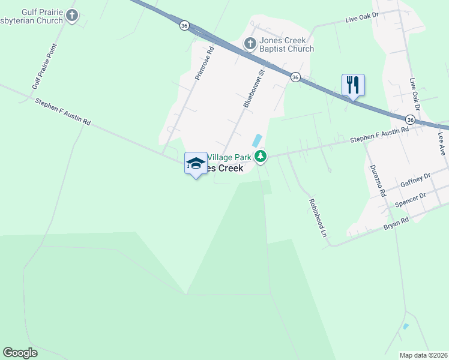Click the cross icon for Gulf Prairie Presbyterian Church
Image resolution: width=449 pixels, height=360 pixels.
point(72,16)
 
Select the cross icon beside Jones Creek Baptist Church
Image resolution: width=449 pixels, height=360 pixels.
point(250,43)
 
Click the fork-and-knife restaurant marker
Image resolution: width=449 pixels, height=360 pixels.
point(353,85)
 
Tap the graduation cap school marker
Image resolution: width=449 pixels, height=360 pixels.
point(195,163)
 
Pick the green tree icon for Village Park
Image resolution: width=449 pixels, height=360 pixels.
point(260,157)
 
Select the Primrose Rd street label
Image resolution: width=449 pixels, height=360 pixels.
point(204,64)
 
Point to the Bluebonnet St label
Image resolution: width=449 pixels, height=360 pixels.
point(254,88)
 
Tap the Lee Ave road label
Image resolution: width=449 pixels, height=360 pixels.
point(442,144)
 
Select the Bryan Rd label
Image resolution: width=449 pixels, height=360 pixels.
point(396,224)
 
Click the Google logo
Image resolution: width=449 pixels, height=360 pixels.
point(20,353)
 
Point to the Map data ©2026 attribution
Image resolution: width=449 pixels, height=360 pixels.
point(423,355)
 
